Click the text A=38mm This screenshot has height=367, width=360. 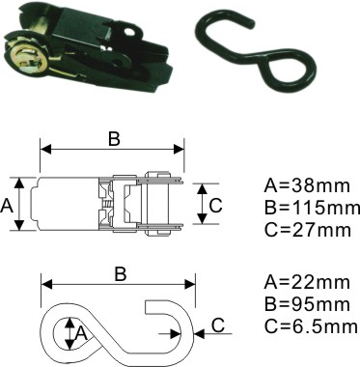pos(307,185)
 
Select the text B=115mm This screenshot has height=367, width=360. pos(312,208)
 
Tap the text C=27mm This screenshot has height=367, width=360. pos(307,230)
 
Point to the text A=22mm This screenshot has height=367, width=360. pos(307,282)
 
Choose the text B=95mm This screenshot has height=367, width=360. pos(307,304)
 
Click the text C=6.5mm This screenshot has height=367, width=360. pos(311,326)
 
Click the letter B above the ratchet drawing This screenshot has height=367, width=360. pos(114,139)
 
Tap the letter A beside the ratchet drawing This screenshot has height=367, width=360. pos(7,205)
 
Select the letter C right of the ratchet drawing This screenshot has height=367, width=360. pos(216,205)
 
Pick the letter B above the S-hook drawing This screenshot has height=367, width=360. pos(120,274)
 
